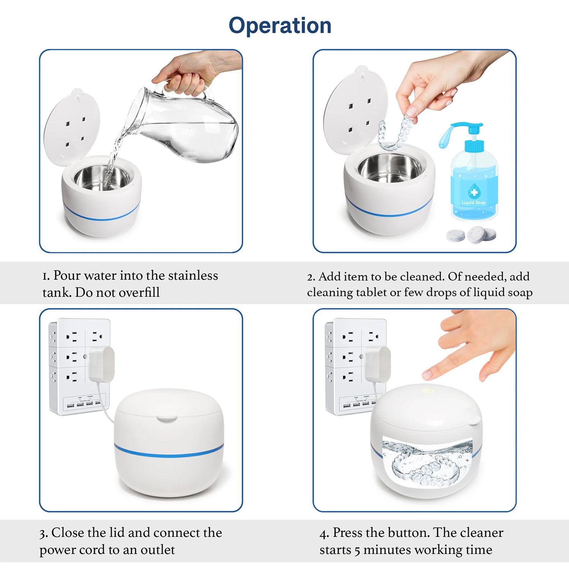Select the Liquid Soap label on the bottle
(x=473, y=202)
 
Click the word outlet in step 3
(x=158, y=550)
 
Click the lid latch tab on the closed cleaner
(x=168, y=419)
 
